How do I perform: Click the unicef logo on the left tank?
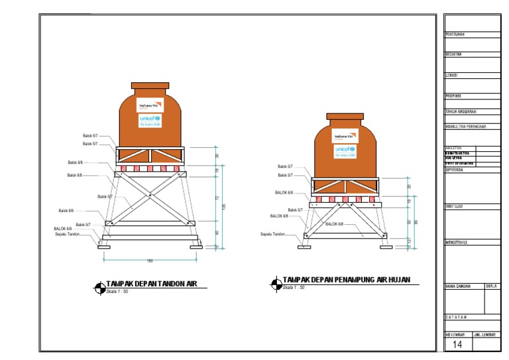(x=150, y=120)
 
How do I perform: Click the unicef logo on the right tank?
(x=345, y=150)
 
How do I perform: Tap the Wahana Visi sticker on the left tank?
(x=150, y=105)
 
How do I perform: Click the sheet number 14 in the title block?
(x=457, y=345)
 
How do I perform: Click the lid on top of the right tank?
(x=345, y=116)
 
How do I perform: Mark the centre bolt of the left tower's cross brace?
(x=150, y=196)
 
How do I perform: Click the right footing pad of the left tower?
(x=197, y=247)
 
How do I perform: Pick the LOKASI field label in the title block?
(x=451, y=75)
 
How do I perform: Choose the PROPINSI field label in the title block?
(x=453, y=95)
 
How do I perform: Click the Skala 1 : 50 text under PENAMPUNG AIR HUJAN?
(x=294, y=288)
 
